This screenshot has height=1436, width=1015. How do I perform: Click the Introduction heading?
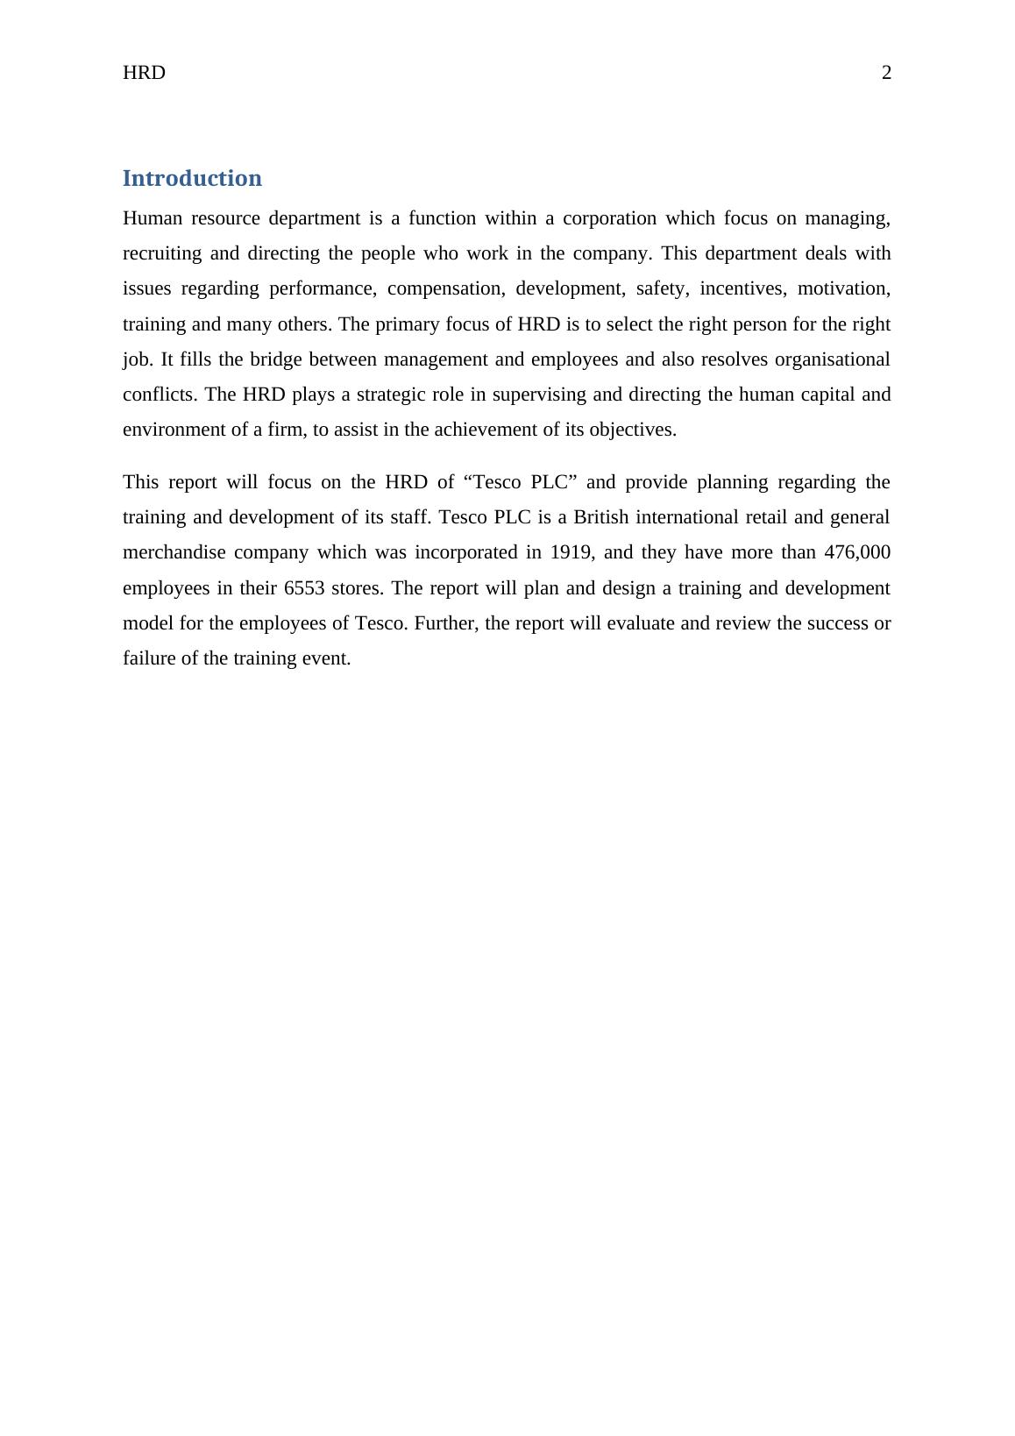point(192,179)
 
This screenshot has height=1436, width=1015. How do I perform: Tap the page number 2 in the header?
point(886,74)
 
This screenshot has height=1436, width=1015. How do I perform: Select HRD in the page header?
point(144,74)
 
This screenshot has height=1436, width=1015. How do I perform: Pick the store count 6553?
point(305,588)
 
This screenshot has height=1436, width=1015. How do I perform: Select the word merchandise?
point(173,553)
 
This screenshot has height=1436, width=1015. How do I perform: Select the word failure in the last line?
point(149,658)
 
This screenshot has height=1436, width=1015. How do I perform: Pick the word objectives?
point(634,430)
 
